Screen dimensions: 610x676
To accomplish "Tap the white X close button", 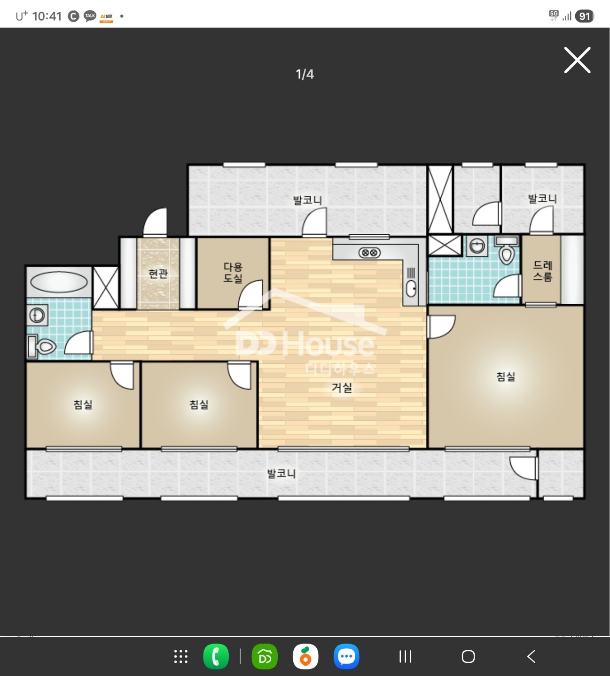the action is click(x=577, y=60).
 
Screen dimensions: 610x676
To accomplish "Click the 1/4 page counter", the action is click(x=305, y=74).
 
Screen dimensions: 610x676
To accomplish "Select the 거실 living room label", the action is click(x=342, y=388).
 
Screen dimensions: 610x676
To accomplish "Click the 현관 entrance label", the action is click(x=158, y=273).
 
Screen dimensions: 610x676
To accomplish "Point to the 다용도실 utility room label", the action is click(x=233, y=273).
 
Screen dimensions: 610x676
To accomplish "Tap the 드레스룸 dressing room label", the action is click(x=542, y=271).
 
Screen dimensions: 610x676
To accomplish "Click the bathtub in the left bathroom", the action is click(x=59, y=282).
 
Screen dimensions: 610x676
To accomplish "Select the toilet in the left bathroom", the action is click(x=42, y=346).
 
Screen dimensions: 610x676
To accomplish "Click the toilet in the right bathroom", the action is click(x=507, y=250).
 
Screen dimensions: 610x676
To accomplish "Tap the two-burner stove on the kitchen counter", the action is click(x=369, y=253).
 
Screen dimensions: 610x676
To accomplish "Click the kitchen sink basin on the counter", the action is click(x=411, y=289).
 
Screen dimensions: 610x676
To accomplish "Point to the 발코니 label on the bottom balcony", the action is click(x=282, y=474).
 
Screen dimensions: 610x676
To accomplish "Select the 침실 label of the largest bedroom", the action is click(x=506, y=376).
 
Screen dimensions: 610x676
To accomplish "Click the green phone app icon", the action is click(x=216, y=656).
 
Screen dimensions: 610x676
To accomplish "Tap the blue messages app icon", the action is click(x=346, y=656).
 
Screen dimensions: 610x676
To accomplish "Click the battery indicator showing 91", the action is click(x=585, y=16).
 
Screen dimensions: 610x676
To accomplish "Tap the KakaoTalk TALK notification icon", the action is click(x=90, y=16).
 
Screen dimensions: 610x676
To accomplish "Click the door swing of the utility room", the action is click(x=250, y=294).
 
